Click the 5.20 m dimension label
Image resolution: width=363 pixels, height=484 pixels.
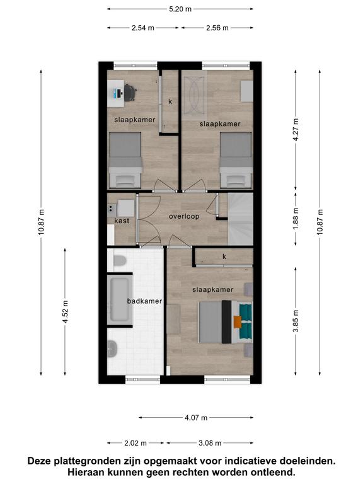click(x=180, y=9)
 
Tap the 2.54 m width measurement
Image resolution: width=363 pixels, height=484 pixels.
click(x=143, y=28)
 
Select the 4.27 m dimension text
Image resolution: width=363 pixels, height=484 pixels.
click(x=296, y=130)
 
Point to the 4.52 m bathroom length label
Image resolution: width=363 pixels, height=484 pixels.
click(x=65, y=312)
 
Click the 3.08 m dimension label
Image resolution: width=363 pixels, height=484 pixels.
click(x=210, y=443)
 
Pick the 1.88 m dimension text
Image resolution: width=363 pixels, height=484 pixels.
click(x=296, y=219)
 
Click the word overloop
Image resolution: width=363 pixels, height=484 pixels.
click(x=184, y=216)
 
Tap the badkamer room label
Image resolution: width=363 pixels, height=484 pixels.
click(x=144, y=301)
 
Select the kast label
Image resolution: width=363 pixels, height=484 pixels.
click(x=122, y=221)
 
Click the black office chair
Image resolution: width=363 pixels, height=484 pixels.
click(x=130, y=92)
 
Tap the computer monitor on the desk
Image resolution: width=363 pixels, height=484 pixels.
click(x=118, y=93)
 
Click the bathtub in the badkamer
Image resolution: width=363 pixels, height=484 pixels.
click(x=120, y=299)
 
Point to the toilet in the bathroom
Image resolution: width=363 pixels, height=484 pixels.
click(x=120, y=261)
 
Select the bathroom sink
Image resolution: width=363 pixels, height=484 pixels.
click(x=112, y=349)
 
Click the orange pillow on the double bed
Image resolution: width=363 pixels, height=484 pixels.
click(x=238, y=322)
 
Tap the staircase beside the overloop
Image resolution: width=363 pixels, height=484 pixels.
click(x=241, y=219)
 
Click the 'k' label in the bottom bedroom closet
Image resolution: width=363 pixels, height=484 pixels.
click(x=224, y=256)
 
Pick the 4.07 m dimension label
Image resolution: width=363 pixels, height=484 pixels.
click(x=196, y=418)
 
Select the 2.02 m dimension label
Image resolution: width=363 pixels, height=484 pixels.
click(x=135, y=443)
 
